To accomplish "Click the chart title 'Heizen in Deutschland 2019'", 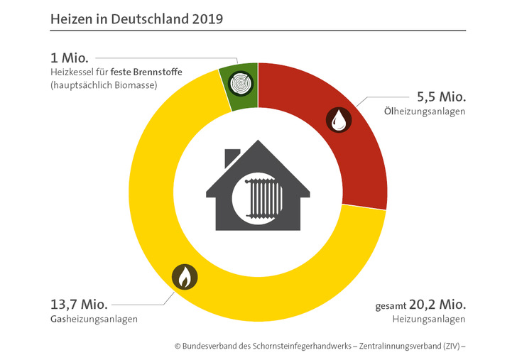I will click(x=136, y=18).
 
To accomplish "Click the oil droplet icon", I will click(x=338, y=120).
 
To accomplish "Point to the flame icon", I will click(x=185, y=276).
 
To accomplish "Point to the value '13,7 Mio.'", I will click(x=78, y=304).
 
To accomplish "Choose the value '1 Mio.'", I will click(x=69, y=58).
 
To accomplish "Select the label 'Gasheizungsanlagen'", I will click(x=94, y=320).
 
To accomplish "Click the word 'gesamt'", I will click(x=390, y=306).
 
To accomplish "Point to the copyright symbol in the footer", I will click(x=178, y=347).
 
